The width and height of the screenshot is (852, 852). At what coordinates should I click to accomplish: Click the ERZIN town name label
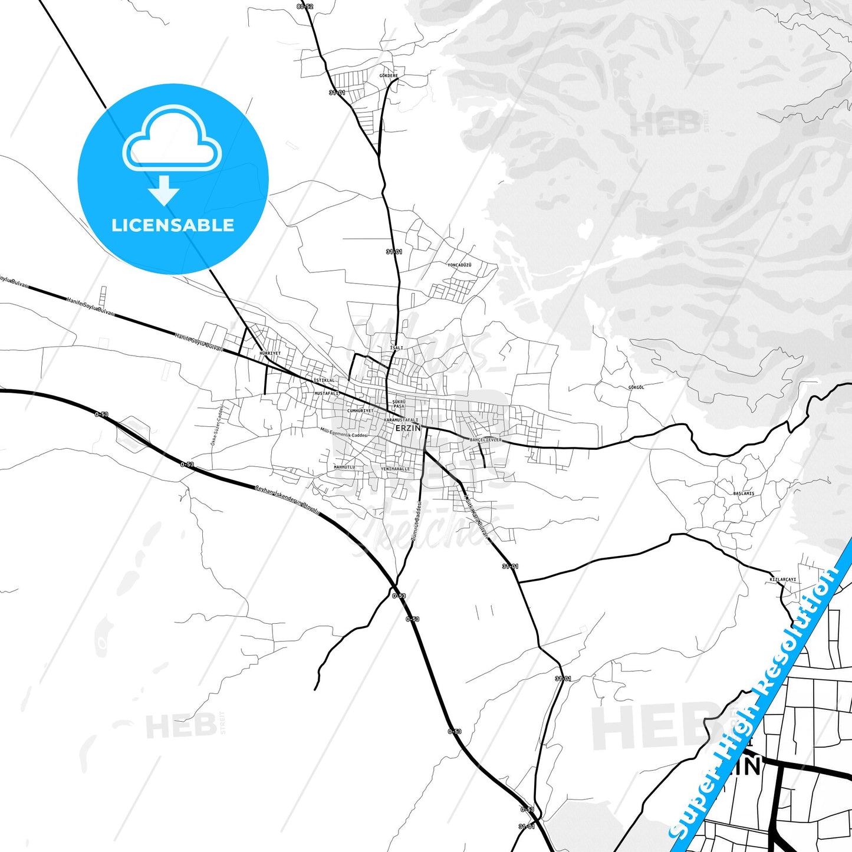(x=408, y=428)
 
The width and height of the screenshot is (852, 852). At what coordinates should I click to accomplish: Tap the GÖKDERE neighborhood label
(x=389, y=76)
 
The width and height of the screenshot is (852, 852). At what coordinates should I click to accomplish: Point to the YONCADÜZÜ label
(x=459, y=265)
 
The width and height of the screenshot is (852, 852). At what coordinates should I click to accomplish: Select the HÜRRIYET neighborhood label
(x=270, y=353)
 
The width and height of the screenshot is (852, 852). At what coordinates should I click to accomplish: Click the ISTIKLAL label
(x=324, y=380)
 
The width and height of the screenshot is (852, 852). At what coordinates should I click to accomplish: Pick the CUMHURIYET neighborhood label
(x=360, y=411)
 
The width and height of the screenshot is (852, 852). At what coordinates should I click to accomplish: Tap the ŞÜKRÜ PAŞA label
(x=399, y=404)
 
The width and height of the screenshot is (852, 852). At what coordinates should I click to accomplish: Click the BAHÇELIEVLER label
(x=485, y=440)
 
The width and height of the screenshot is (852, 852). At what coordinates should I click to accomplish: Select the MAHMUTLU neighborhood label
(x=344, y=467)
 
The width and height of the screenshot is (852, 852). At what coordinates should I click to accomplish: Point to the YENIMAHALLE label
(x=395, y=469)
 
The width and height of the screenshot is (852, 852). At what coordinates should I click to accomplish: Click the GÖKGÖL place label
(x=636, y=387)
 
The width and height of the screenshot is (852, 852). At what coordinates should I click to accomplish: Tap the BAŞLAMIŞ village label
(x=744, y=494)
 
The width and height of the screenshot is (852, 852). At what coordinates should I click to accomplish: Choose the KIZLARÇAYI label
(x=783, y=580)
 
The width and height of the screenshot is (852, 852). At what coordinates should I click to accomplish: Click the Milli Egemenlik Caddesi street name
(x=344, y=433)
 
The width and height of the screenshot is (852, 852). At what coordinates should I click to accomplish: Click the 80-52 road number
(x=305, y=6)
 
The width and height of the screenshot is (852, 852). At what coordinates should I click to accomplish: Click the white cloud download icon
(x=172, y=143)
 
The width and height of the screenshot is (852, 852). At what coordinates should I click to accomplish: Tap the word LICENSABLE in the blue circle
(x=173, y=225)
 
